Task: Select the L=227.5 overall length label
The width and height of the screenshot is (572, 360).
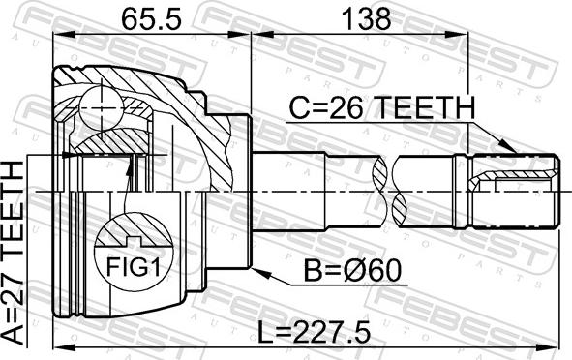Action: click(315, 332)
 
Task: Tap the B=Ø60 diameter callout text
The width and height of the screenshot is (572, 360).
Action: click(352, 271)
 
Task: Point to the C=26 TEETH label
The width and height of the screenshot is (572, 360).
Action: click(382, 108)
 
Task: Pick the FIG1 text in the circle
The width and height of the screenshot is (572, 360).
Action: click(134, 267)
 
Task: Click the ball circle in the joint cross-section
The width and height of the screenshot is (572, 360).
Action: click(101, 108)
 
